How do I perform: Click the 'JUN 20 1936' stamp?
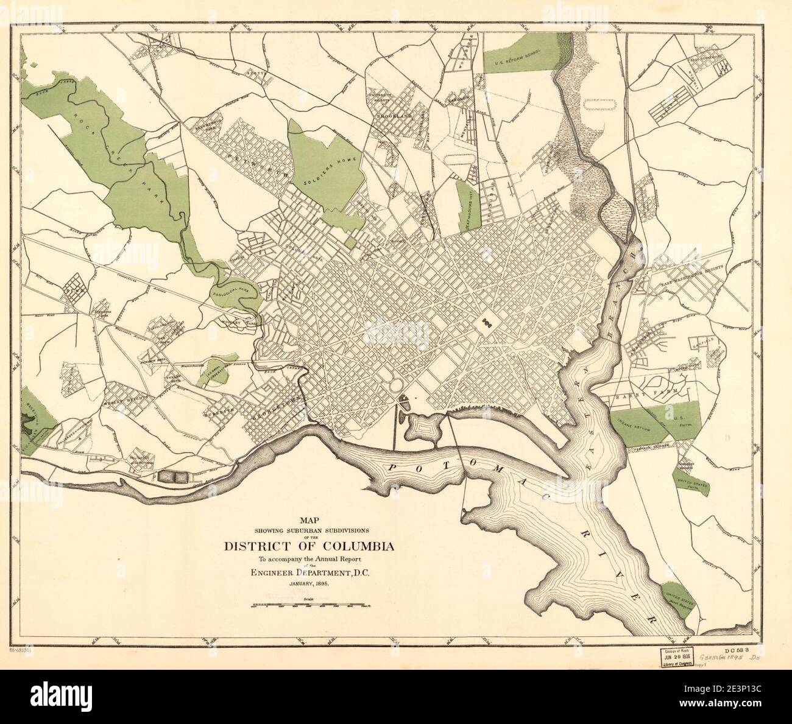(674, 656)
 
